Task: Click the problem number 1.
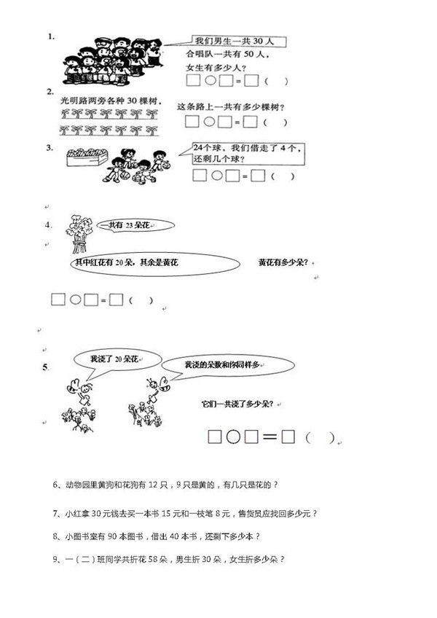(x=51, y=36)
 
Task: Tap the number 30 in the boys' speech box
(x=258, y=41)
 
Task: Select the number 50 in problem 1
(x=249, y=54)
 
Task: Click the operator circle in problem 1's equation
(x=210, y=81)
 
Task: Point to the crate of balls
(x=87, y=157)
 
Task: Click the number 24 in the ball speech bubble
(x=198, y=148)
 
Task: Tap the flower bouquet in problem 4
(x=79, y=233)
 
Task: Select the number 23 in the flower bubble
(x=129, y=225)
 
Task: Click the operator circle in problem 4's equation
(x=75, y=300)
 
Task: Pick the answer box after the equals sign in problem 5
(x=288, y=437)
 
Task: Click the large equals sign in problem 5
(x=269, y=437)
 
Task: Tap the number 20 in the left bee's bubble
(x=119, y=359)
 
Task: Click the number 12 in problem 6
(x=153, y=485)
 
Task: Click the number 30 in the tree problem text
(x=132, y=101)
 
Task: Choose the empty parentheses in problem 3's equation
(x=283, y=176)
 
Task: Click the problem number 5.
(x=46, y=367)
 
